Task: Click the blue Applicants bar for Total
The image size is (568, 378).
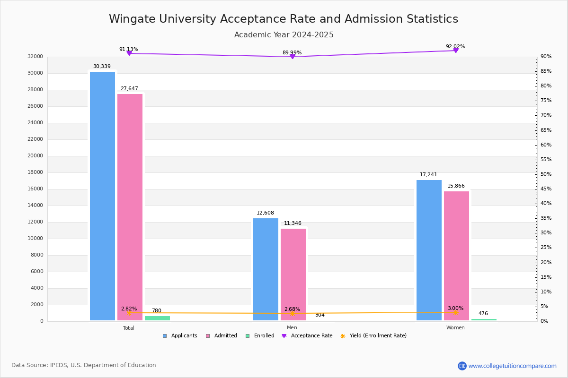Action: tap(102, 196)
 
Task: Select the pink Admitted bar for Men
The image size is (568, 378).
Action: tap(293, 275)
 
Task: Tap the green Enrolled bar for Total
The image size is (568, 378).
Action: tap(157, 318)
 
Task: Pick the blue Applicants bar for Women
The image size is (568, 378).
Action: tap(429, 250)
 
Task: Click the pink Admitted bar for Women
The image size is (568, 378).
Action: tap(456, 256)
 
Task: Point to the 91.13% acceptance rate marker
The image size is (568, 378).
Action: tap(129, 53)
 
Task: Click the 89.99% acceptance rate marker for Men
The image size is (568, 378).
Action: tap(292, 57)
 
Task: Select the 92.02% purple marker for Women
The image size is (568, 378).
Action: tap(455, 50)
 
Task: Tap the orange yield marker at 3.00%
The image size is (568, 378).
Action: tap(455, 312)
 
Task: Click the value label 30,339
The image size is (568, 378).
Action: tap(102, 67)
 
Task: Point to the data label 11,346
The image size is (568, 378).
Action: tap(293, 223)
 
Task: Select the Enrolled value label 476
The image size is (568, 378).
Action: tap(483, 314)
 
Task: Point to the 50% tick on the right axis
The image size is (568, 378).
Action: tap(546, 174)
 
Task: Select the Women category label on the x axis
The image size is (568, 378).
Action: tap(455, 328)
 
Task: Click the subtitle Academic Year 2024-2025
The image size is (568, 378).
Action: tap(284, 35)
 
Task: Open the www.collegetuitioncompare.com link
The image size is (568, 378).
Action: tap(512, 366)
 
